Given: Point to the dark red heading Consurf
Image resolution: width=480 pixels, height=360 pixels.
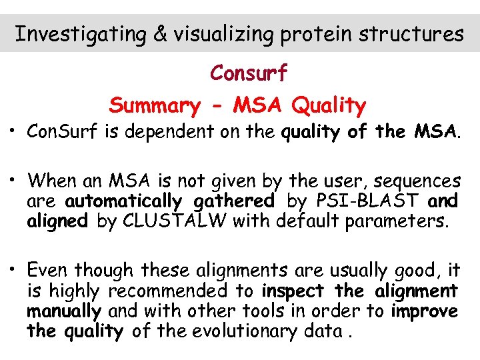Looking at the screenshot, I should pos(249,73).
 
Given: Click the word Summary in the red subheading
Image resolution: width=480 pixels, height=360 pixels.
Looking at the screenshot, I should pos(154,105).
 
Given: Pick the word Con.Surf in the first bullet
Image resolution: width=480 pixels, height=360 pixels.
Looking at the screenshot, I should pos(63,132).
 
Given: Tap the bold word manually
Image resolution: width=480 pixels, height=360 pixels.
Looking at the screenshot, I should pos(64,311).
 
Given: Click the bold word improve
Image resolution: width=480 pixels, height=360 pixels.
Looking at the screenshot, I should pos(424,311).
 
